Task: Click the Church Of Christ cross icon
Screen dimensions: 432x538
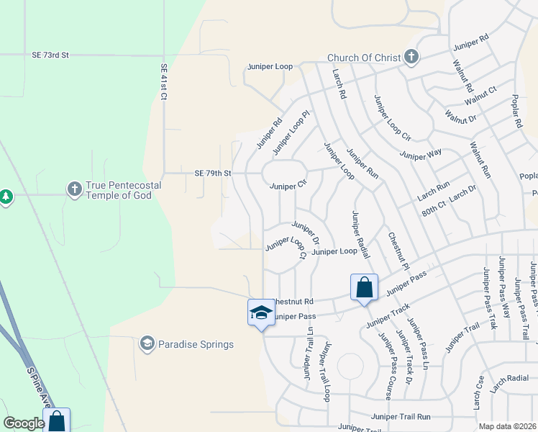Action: pos(411,58)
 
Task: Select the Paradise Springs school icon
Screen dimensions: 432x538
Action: pos(147,343)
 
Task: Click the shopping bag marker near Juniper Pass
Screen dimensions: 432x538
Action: pos(365,288)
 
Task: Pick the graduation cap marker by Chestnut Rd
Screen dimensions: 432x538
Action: pos(260,312)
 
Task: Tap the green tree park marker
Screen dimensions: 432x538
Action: pos(6,196)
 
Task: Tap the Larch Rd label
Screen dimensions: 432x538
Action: pos(339,84)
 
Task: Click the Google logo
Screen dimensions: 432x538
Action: pos(24,423)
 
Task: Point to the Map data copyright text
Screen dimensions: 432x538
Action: pos(507,426)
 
